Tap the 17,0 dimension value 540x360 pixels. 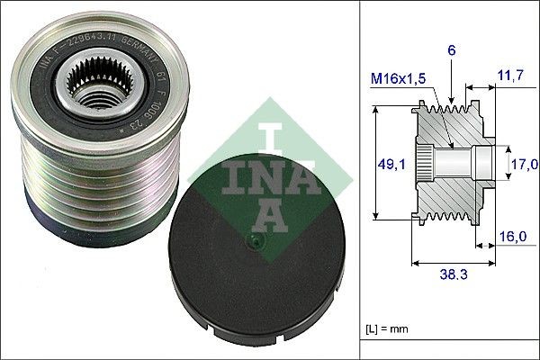point(526,164)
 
